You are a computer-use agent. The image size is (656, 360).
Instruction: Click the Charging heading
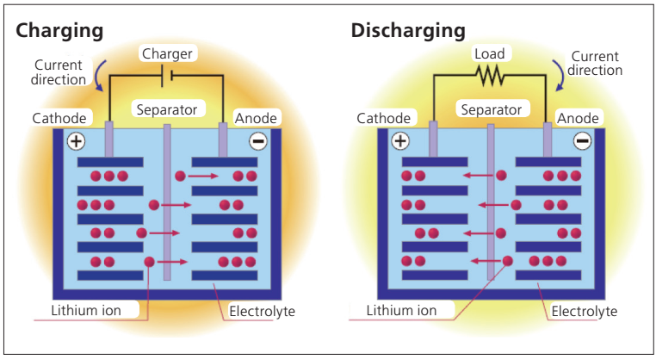[59, 30]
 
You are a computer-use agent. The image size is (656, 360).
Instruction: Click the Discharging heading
[408, 30]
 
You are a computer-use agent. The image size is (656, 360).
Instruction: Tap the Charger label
[167, 53]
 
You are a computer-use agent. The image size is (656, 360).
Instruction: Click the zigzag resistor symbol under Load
[491, 76]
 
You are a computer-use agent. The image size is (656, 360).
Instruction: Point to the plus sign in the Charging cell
[76, 141]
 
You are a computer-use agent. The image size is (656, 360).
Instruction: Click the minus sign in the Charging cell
[257, 141]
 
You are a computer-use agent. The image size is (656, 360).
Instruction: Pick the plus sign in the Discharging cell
[399, 141]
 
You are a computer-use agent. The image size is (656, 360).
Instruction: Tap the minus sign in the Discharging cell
[582, 141]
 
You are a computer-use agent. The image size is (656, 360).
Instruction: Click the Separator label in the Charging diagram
[166, 109]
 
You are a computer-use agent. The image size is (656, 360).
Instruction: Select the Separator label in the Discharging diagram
[491, 109]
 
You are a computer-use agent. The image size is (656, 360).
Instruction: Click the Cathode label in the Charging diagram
[59, 117]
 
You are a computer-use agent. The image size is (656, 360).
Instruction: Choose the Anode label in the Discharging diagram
[578, 117]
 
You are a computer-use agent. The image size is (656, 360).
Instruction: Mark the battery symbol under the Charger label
[169, 76]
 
